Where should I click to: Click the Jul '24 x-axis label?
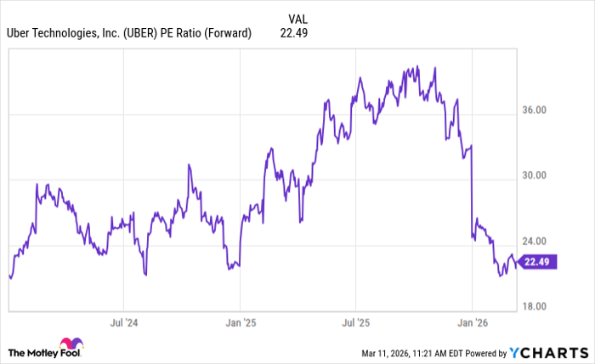pyautogui.click(x=124, y=323)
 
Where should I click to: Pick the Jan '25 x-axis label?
pyautogui.click(x=240, y=323)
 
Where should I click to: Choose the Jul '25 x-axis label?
pyautogui.click(x=355, y=323)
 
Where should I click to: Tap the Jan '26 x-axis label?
pyautogui.click(x=472, y=323)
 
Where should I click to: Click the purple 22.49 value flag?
pyautogui.click(x=538, y=262)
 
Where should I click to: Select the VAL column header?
pyautogui.click(x=298, y=17)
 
